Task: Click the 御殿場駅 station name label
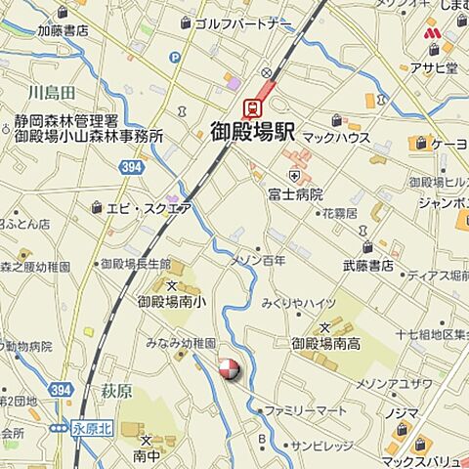click(x=256, y=132)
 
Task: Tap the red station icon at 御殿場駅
click(x=251, y=107)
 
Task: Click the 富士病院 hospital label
click(x=295, y=194)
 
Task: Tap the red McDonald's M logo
click(x=432, y=34)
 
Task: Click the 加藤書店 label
click(x=63, y=30)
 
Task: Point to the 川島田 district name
click(x=52, y=93)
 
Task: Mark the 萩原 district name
click(x=116, y=391)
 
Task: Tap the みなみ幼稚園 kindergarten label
click(x=180, y=344)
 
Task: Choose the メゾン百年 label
click(x=258, y=261)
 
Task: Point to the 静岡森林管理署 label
click(x=66, y=121)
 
